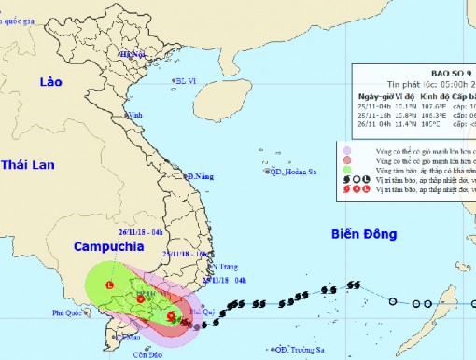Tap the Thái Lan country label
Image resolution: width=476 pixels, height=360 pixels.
coord(29,165)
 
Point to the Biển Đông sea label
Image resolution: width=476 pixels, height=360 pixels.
coord(366,237)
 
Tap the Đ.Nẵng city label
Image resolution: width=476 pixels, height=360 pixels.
coord(201,176)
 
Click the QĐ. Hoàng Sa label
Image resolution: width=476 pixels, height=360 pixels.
coord(290,172)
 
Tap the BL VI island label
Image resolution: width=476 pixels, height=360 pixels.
coord(189,80)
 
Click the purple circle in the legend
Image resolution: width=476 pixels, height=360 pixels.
coord(347,149)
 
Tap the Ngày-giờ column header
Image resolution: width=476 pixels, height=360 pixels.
coord(377,96)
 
